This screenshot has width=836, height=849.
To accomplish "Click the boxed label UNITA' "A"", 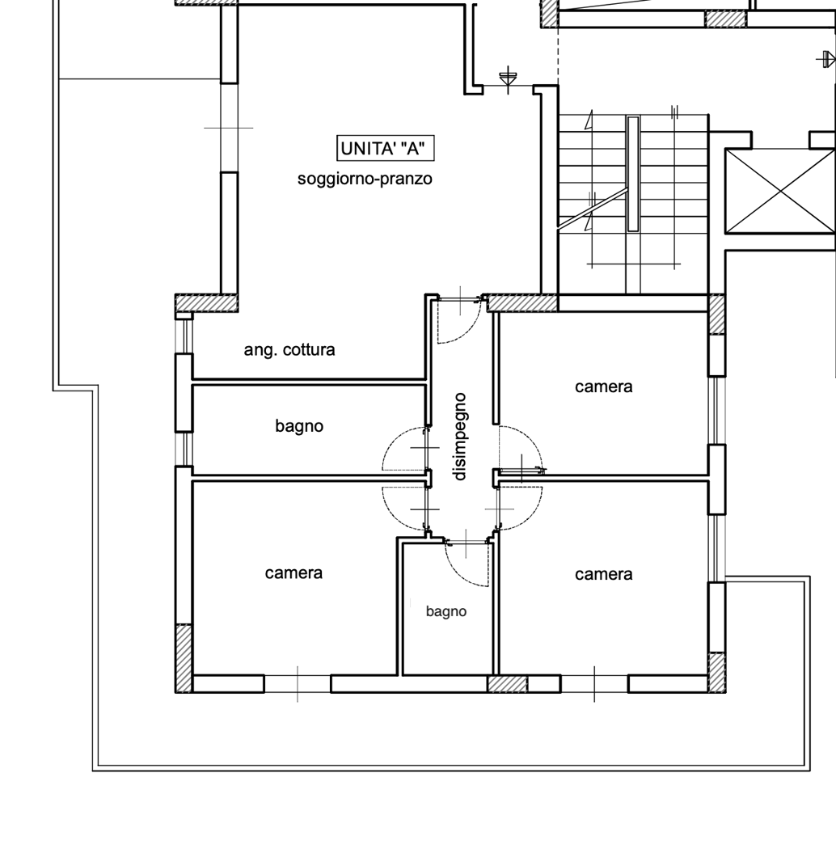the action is [x=386, y=148].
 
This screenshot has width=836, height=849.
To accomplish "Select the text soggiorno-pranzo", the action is [x=365, y=179].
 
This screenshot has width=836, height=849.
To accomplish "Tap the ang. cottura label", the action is [x=289, y=350].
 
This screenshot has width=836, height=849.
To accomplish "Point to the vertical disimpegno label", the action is [x=460, y=437].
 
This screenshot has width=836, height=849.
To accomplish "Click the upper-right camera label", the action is [x=604, y=386].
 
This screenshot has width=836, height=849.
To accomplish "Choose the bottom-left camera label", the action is [x=293, y=572].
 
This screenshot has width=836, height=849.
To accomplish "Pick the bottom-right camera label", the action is [x=604, y=574].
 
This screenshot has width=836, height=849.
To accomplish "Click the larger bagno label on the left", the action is [x=299, y=426].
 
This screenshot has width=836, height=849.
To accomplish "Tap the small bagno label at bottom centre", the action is [x=446, y=611].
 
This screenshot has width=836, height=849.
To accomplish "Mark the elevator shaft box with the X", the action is [x=779, y=191].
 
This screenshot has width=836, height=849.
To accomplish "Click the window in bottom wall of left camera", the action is [x=298, y=684].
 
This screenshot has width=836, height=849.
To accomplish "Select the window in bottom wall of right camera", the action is [x=594, y=684].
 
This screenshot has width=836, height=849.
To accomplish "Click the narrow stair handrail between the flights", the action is [x=633, y=174].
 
